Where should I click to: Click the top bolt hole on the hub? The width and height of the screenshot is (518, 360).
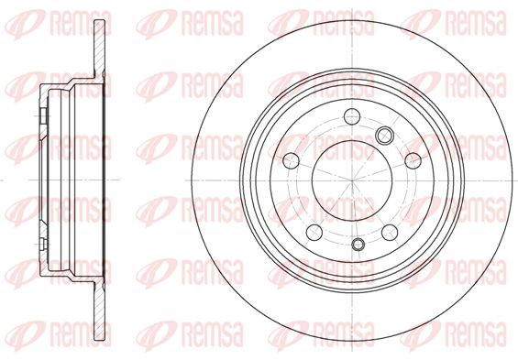pos(351,115)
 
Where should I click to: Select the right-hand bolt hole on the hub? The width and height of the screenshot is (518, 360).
pos(413,160)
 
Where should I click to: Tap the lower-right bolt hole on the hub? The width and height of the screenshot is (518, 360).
pos(390,233)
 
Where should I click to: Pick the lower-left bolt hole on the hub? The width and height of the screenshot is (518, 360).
pos(314,233)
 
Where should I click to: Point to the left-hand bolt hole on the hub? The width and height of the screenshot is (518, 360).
pos(291,160)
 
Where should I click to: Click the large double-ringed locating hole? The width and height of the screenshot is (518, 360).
pos(384,135)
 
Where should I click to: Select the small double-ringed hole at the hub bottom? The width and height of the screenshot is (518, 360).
pos(358,245)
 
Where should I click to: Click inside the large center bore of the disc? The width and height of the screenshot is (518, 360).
pos(352,180)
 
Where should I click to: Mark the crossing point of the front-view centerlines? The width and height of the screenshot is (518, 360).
pos(352,180)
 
